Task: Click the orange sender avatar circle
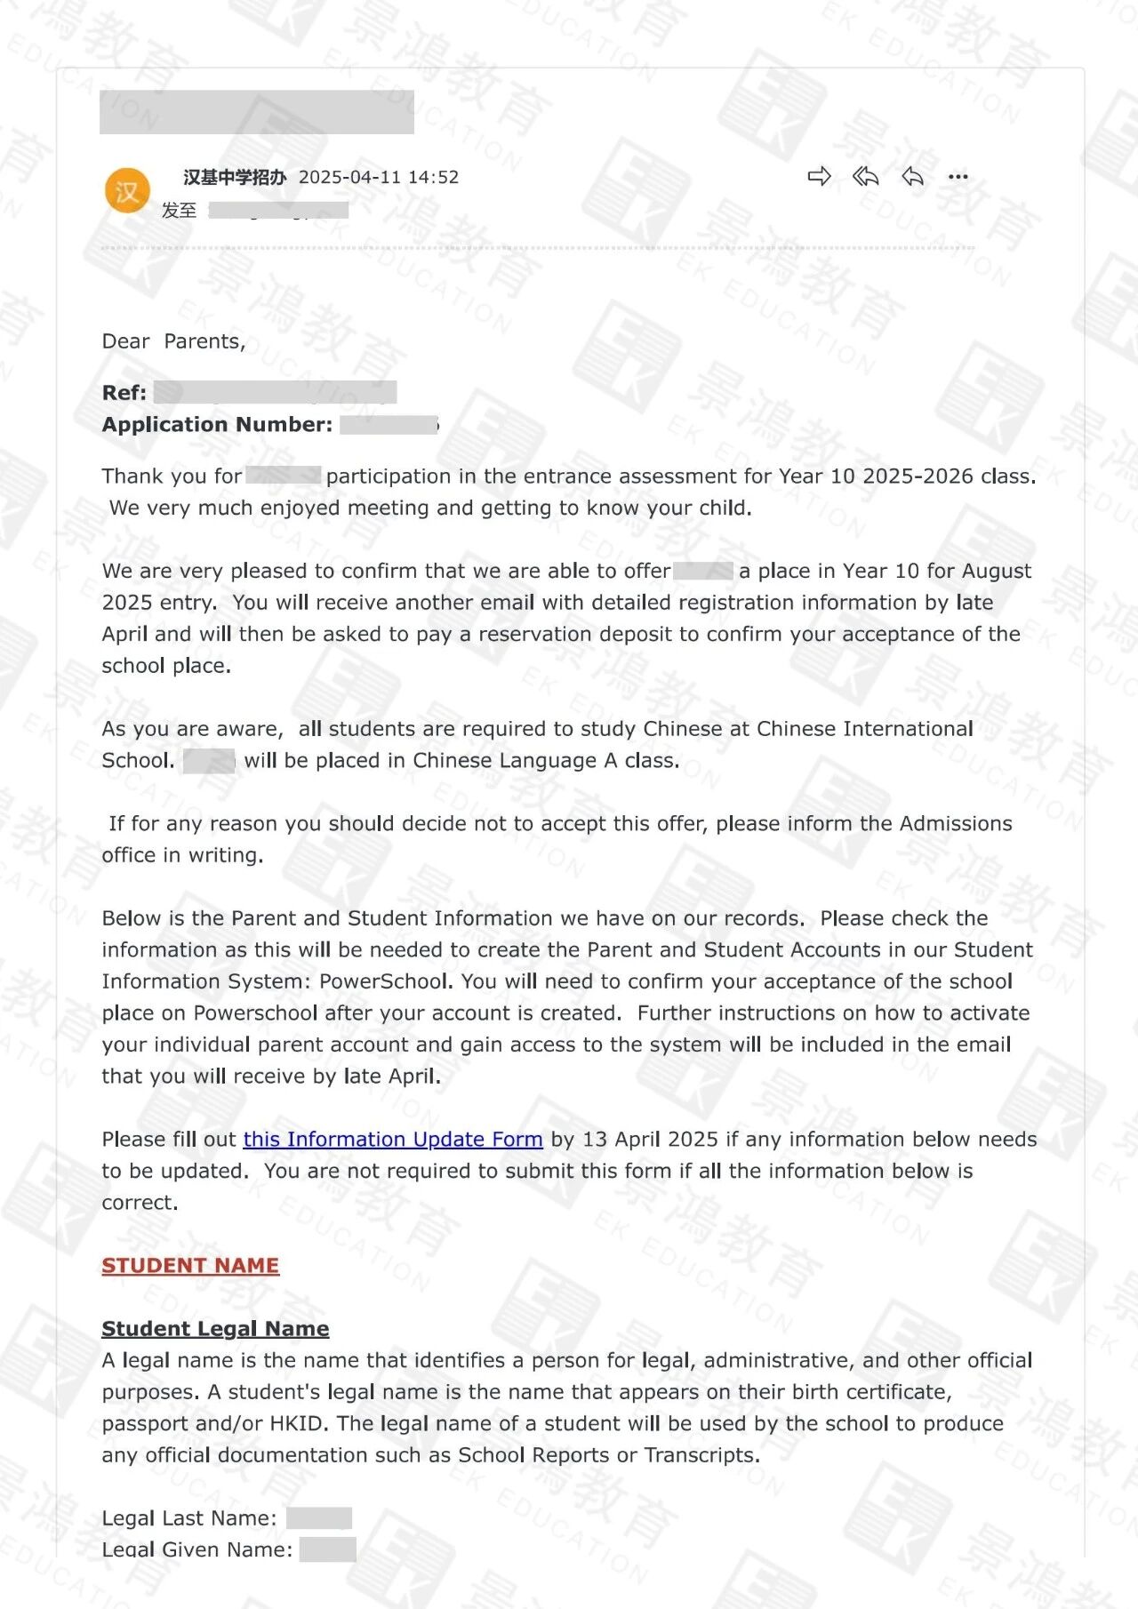point(126,190)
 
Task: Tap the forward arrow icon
point(819,176)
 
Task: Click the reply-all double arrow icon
point(865,176)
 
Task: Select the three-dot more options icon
point(958,176)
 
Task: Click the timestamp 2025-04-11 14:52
point(379,177)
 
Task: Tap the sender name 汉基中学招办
point(235,177)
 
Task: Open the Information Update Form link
point(393,1139)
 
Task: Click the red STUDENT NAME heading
point(190,1265)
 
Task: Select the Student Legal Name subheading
point(215,1328)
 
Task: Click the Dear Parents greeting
point(173,341)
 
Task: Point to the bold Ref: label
point(124,392)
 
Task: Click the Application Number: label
point(217,424)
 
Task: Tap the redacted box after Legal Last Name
point(319,1517)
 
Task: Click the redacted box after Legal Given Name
point(327,1549)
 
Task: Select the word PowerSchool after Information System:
point(386,981)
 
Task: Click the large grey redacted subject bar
point(256,112)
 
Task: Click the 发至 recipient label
point(179,210)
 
